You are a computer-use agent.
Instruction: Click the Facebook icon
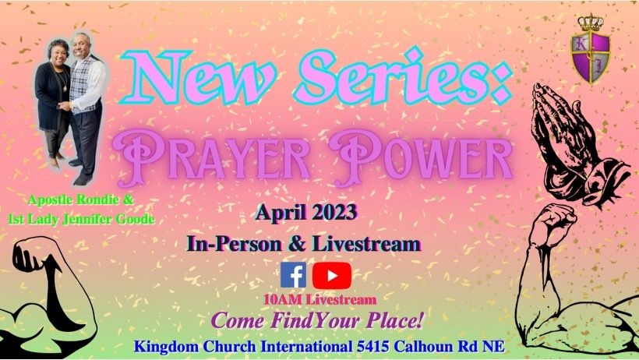[x=293, y=275]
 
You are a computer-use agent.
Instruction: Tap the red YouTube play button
[x=332, y=276]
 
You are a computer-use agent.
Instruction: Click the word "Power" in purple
[x=421, y=157]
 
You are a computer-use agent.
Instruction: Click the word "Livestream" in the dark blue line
[x=365, y=244]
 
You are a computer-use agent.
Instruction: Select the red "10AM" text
[x=283, y=300]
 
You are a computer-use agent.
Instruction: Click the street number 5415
[x=373, y=347]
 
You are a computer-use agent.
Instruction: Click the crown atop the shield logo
[x=591, y=23]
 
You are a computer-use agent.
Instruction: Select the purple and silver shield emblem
[x=591, y=56]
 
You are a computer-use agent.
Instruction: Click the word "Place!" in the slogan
[x=394, y=319]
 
